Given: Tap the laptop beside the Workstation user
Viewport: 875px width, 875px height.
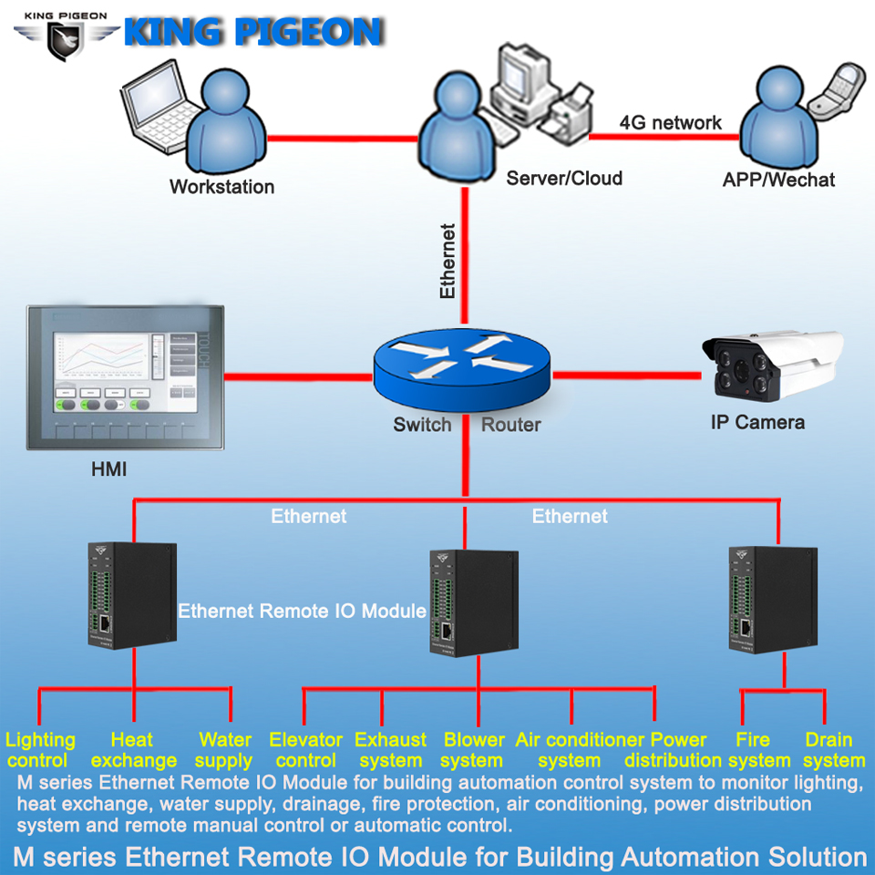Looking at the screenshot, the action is coord(159,106).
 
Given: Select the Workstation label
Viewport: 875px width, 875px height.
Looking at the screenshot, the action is coord(222,186).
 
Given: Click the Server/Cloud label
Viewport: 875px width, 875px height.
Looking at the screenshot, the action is coord(564,178).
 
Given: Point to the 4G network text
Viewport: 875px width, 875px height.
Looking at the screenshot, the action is coord(670,122).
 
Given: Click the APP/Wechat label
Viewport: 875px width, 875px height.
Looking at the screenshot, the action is coord(778,180).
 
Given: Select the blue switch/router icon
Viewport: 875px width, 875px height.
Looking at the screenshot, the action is coord(462,369).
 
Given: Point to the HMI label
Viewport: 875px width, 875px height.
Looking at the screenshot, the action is coord(108,469).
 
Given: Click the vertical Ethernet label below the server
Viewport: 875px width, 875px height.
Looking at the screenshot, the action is coord(448,262).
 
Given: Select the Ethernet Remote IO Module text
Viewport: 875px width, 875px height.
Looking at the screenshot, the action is coord(302,611).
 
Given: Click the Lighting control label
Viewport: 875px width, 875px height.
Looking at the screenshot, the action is coord(39,750).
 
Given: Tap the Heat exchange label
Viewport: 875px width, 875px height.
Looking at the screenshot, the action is coord(133,750).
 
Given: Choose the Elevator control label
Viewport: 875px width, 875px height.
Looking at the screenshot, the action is coord(306,750).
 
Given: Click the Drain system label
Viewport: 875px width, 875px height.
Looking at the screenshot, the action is coord(834,750).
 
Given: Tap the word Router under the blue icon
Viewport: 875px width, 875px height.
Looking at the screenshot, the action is coord(511,425).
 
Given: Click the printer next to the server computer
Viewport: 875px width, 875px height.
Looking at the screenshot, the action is coord(566,115).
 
